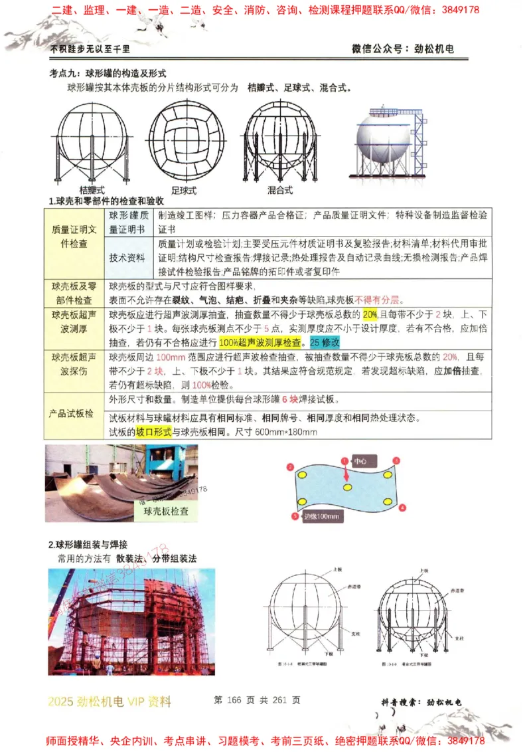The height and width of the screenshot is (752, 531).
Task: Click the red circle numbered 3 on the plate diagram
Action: click(x=396, y=460)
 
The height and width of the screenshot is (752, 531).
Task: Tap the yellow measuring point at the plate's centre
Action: click(x=347, y=488)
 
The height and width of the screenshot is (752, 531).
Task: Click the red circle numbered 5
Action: click(x=295, y=516)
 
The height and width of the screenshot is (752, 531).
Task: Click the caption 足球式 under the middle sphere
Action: click(x=184, y=190)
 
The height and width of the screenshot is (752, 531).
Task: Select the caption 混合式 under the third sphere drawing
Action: click(x=279, y=190)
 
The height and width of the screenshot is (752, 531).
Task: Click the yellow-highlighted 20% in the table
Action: click(x=370, y=314)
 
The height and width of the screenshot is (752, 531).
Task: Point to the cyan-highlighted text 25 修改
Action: click(x=325, y=343)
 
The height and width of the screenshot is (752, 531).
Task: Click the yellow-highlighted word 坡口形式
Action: click(x=154, y=432)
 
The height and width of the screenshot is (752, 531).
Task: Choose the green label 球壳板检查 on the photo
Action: click(x=161, y=511)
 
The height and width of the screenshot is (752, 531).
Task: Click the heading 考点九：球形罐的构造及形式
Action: click(x=108, y=73)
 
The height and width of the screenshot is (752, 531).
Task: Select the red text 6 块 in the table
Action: click(x=289, y=400)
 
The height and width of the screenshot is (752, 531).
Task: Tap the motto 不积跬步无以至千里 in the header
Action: click(x=90, y=48)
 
